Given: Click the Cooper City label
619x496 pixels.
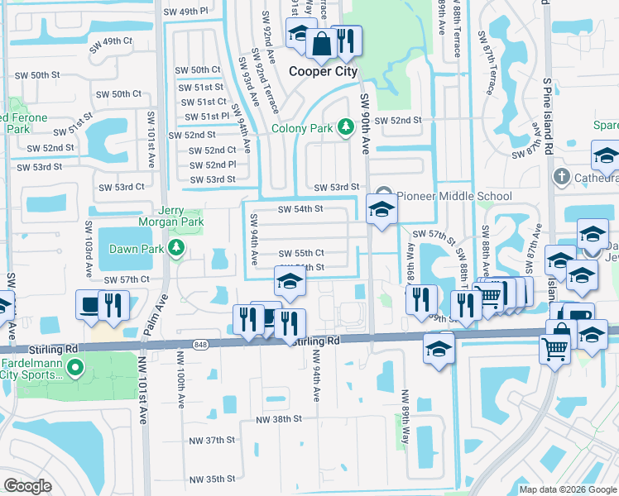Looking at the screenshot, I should pyautogui.click(x=323, y=71).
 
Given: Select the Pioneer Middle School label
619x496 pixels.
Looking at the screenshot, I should pyautogui.click(x=454, y=196).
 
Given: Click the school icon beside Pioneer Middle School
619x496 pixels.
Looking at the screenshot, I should pyautogui.click(x=381, y=207).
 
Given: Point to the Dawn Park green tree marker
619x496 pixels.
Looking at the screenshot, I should pyautogui.click(x=175, y=247).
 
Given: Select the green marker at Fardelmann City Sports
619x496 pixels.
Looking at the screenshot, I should pyautogui.click(x=75, y=368).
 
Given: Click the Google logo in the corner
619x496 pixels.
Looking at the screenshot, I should pyautogui.click(x=27, y=486).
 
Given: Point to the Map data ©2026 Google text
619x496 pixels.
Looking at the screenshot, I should pyautogui.click(x=567, y=489).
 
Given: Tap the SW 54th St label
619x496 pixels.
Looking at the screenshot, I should pyautogui.click(x=300, y=209).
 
